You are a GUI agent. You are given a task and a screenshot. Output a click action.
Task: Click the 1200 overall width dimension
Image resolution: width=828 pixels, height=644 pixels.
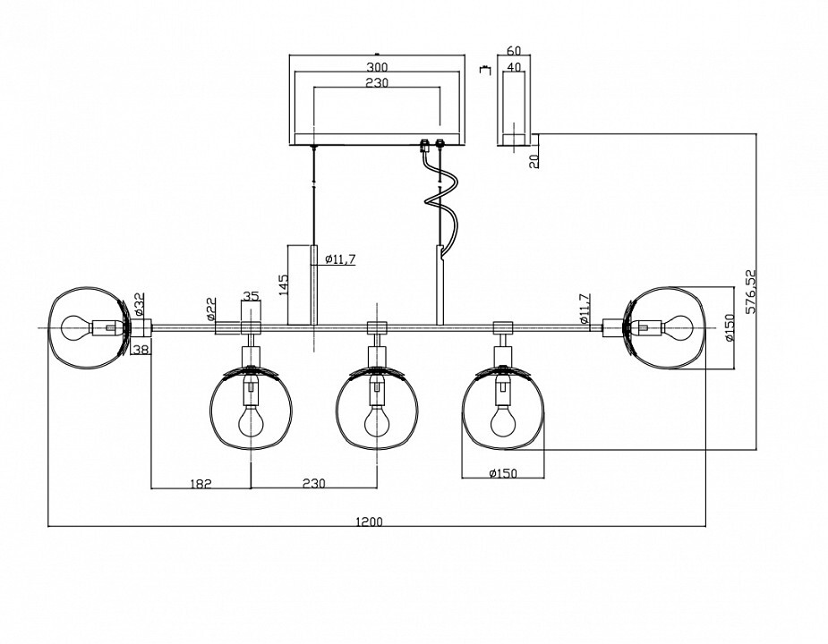(369, 521)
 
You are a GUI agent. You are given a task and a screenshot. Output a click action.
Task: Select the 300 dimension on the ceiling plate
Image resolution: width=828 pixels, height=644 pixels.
(377, 67)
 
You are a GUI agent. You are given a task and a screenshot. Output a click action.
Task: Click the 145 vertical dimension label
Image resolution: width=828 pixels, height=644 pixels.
(284, 285)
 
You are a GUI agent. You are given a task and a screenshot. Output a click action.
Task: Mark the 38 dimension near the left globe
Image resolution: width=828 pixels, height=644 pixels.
(141, 350)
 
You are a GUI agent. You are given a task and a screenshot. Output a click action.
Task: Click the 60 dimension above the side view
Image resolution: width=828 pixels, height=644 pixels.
(513, 51)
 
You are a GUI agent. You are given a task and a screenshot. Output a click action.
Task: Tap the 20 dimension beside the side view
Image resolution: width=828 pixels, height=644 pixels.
(534, 161)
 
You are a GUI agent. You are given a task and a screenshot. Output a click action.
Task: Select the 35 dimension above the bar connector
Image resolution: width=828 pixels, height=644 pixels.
(251, 295)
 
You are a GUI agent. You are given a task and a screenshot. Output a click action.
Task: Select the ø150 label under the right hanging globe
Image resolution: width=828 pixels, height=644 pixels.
(504, 473)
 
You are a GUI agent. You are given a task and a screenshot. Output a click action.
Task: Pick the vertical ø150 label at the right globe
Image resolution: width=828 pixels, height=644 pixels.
(729, 328)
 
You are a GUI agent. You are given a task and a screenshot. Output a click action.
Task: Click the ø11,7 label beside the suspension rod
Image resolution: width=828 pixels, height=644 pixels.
(340, 259)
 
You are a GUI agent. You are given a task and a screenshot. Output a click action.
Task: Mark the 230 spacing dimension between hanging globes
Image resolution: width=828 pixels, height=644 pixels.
(312, 483)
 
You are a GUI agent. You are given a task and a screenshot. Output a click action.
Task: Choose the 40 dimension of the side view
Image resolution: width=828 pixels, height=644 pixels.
(513, 67)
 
